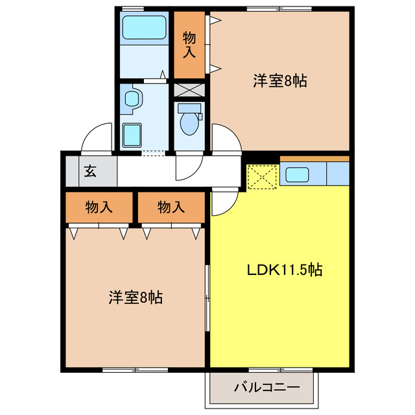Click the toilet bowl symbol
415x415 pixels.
tap(190, 121)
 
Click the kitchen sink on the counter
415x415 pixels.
tap(298, 174)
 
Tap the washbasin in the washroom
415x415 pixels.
tap(134, 99)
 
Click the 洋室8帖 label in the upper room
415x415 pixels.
tap(279, 81)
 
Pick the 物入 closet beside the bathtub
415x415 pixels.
tap(189, 44)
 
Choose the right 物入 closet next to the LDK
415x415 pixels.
tap(171, 207)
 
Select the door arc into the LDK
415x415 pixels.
tap(222, 203)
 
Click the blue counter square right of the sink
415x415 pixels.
tap(338, 174)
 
